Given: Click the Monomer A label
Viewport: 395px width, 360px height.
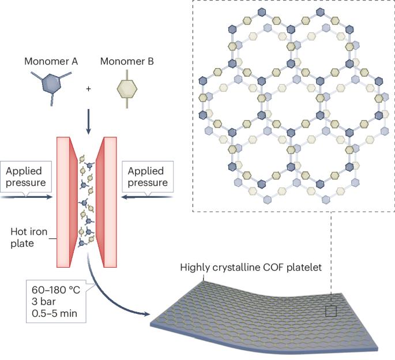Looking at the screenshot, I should point(48,61).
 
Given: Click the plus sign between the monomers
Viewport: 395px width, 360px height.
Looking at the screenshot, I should point(88,89).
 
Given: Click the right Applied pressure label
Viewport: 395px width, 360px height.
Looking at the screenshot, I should point(148,177).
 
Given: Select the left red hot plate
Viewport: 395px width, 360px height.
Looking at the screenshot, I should point(64,202).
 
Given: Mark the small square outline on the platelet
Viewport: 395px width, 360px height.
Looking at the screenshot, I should point(330,311).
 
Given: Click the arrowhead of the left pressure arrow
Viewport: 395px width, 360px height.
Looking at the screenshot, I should point(51,196).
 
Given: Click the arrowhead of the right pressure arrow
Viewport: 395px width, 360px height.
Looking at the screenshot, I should point(122,196).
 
